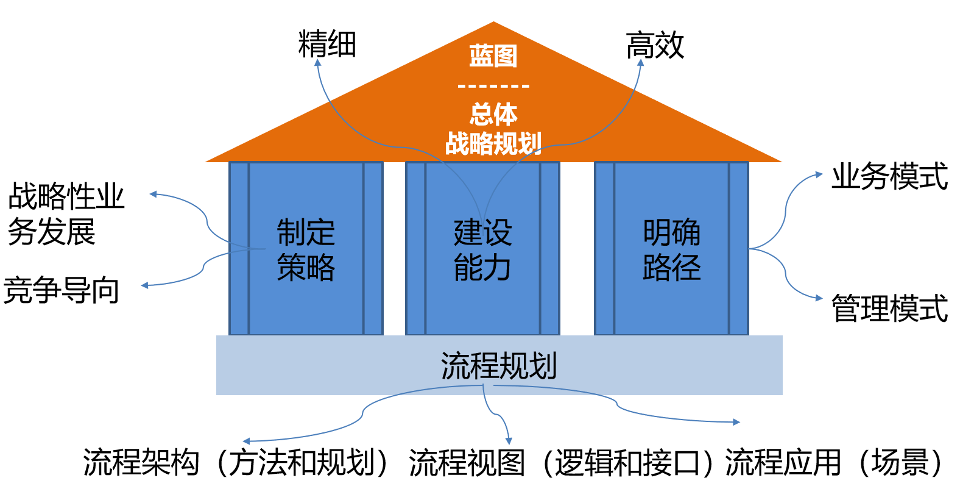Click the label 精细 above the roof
click(327, 45)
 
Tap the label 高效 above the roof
click(655, 45)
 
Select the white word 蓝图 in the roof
click(493, 56)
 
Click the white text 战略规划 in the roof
click(493, 144)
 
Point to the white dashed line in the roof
click(493, 87)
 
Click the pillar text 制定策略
click(306, 249)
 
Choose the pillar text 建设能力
click(482, 249)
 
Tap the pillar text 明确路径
click(671, 249)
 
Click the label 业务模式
click(889, 177)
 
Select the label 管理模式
click(889, 308)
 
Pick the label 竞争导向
click(61, 290)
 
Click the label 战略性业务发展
click(66, 213)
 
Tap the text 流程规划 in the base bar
click(499, 366)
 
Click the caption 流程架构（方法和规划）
click(236, 463)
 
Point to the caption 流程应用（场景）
click(835, 463)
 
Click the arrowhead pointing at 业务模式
click(819, 175)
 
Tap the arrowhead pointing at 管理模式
click(819, 298)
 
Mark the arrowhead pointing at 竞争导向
click(145, 285)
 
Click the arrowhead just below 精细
click(317, 63)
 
